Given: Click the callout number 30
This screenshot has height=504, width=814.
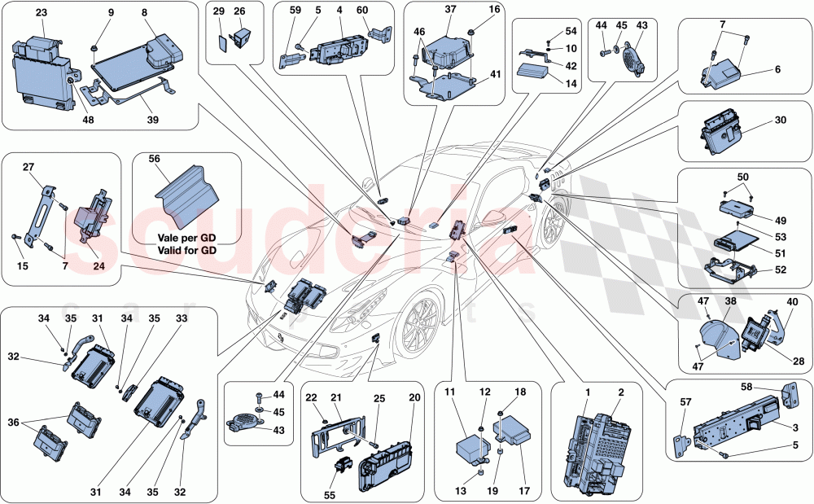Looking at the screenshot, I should point(781,120).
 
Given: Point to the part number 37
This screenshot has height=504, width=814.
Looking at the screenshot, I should point(451,10).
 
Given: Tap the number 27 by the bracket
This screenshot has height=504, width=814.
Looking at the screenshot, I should point(28,166).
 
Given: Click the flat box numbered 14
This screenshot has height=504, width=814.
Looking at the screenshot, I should point(533,71).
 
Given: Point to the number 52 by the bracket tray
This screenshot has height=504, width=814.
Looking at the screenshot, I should point(779,270).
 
